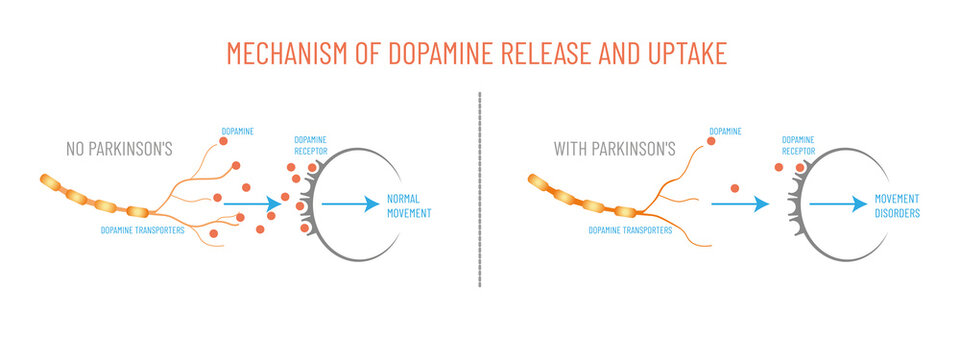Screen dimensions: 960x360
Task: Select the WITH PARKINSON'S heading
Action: click(x=613, y=150)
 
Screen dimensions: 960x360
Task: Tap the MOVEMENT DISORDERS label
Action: click(x=899, y=206)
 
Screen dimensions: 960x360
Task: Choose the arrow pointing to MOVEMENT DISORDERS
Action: click(x=838, y=203)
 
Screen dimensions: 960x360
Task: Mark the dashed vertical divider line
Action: click(x=480, y=190)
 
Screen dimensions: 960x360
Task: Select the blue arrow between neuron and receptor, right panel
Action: click(x=740, y=203)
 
